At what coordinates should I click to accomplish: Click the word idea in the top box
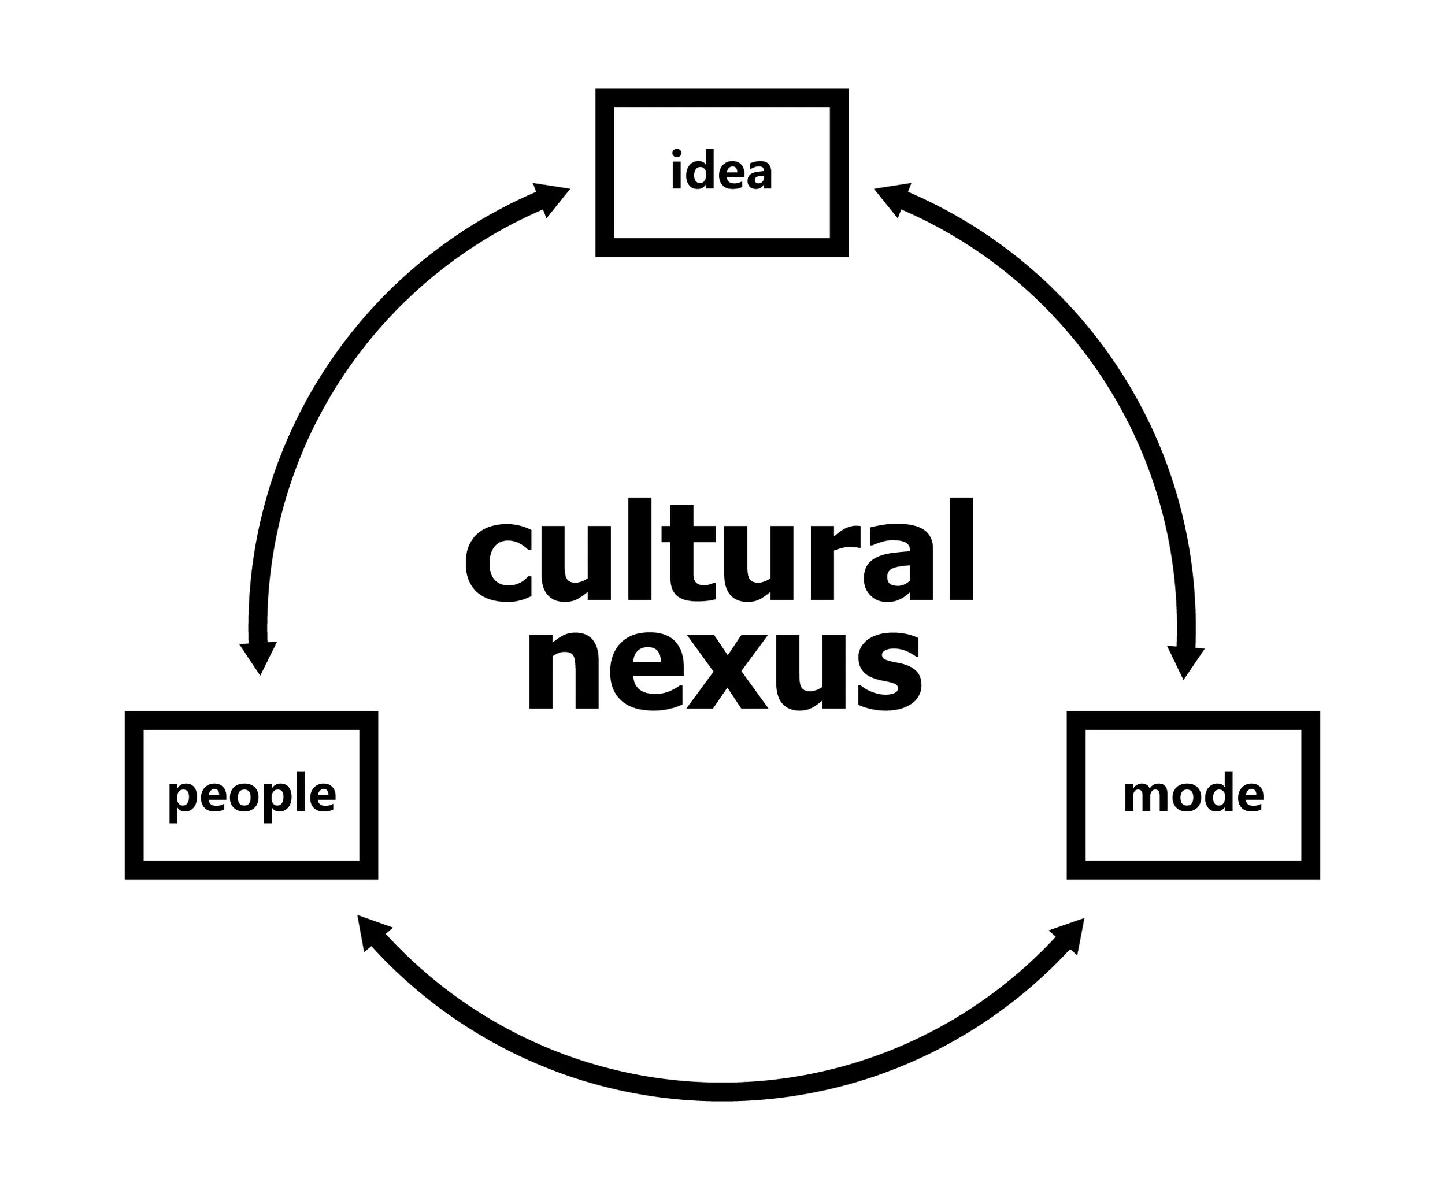click(722, 170)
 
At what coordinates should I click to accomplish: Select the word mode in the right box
click(1194, 793)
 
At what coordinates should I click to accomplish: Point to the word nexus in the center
click(725, 671)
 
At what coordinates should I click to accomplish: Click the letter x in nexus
click(727, 672)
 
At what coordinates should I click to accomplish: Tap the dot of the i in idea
click(677, 152)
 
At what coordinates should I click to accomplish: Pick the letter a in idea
click(759, 174)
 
